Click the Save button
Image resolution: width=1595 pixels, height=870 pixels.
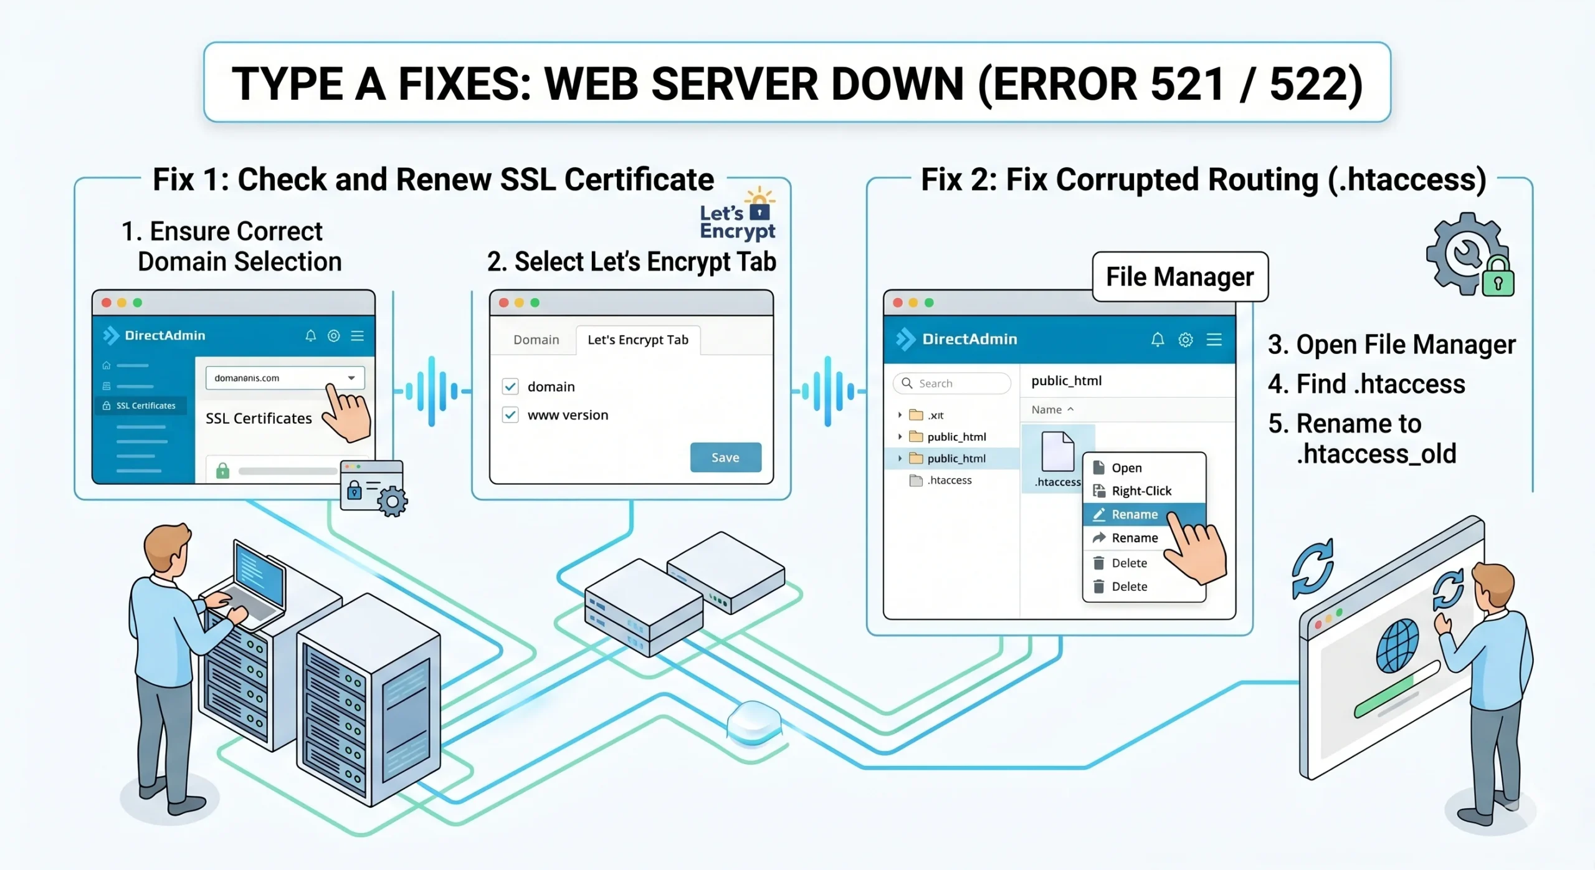click(x=725, y=457)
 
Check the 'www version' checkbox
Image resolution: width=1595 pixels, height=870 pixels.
click(x=510, y=415)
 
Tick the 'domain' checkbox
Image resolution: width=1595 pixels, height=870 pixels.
click(x=510, y=386)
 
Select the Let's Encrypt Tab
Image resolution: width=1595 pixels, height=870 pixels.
click(x=638, y=340)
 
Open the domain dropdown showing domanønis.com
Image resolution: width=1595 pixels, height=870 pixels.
click(x=285, y=378)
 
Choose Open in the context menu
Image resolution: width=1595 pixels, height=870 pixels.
click(x=1126, y=468)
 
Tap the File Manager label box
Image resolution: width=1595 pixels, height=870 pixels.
click(x=1180, y=277)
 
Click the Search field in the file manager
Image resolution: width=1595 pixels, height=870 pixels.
click(x=952, y=383)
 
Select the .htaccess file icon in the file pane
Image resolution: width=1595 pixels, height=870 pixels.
click(x=1058, y=451)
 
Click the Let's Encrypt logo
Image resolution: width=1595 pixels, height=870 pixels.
click(x=738, y=214)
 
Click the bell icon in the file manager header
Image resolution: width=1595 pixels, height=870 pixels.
click(x=1157, y=340)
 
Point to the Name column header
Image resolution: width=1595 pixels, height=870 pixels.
click(x=1052, y=409)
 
